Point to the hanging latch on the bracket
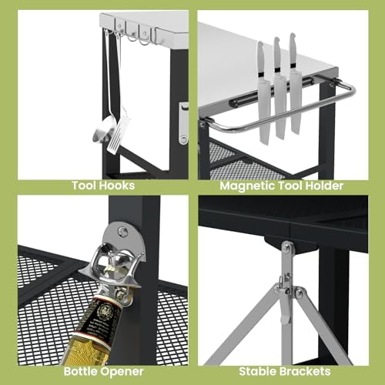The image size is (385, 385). point(284,304)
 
